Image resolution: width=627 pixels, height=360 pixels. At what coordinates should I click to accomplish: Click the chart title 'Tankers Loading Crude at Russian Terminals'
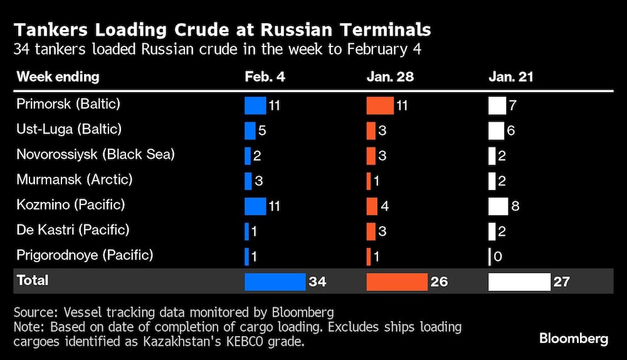[223, 29]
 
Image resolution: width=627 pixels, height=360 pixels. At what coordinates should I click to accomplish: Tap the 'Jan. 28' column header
[390, 78]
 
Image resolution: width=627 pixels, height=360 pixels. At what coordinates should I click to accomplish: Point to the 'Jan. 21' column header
[511, 78]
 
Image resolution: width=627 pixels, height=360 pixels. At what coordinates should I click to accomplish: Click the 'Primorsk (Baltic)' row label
[68, 104]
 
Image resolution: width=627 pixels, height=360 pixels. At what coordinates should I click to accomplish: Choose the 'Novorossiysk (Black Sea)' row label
[95, 154]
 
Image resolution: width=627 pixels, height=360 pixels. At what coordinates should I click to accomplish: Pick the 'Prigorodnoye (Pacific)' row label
[85, 255]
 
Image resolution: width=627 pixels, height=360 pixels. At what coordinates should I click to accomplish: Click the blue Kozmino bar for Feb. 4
[255, 206]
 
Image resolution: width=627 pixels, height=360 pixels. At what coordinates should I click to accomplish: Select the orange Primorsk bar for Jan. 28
[380, 105]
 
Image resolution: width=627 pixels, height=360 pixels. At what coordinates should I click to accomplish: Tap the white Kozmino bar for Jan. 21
[498, 206]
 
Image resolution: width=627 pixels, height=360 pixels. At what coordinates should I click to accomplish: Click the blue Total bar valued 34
[275, 282]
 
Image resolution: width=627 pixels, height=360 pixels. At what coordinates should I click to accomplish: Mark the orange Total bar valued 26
[396, 282]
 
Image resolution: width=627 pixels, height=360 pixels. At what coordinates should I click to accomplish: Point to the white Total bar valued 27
[519, 282]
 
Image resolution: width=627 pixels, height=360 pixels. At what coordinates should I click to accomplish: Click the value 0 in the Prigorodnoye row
[498, 257]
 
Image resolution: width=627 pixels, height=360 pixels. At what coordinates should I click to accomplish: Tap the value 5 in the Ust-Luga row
[263, 130]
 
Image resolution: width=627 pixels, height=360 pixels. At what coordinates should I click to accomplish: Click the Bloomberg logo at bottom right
[573, 339]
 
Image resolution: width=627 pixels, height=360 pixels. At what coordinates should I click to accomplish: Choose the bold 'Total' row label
[33, 280]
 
